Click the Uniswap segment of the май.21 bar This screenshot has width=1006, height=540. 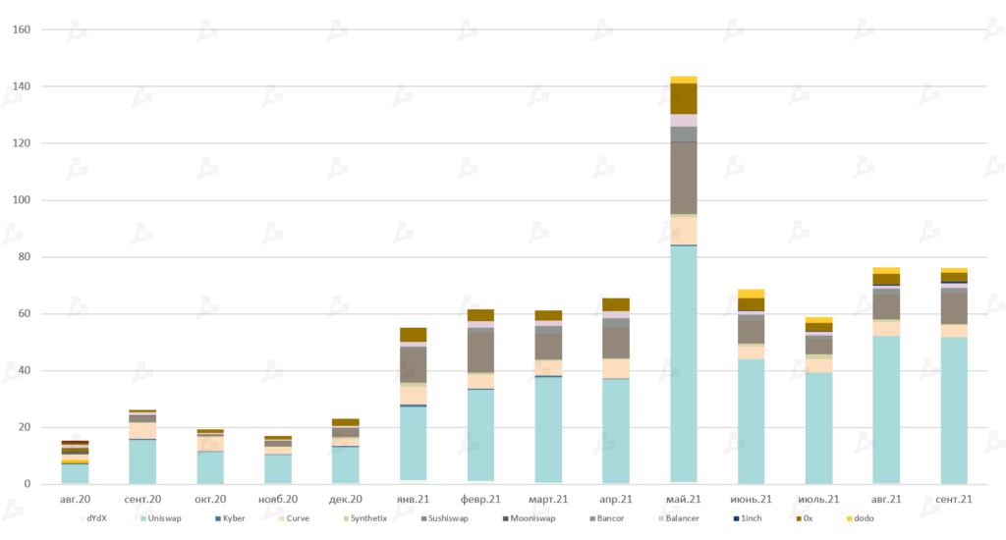684,363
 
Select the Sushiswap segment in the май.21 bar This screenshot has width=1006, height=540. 684,178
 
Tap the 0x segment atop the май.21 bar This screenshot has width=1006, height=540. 684,98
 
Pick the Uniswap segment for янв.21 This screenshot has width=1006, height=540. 414,443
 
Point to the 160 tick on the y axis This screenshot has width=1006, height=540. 22,29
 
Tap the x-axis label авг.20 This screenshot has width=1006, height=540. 75,500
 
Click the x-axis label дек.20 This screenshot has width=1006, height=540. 345,500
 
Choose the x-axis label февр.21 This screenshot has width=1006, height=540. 480,500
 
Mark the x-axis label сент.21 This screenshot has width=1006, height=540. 954,500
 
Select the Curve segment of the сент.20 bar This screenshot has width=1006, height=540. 142,431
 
